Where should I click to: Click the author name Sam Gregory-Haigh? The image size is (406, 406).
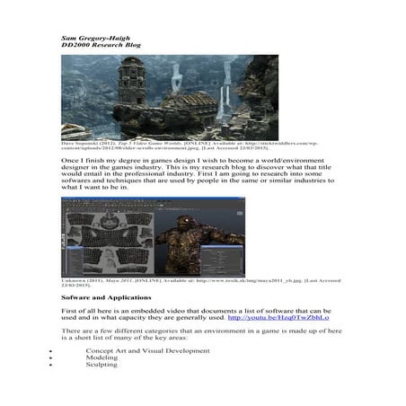tap(96, 39)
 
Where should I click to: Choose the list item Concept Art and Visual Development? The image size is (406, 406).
tap(147, 350)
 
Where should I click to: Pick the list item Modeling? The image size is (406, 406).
tap(101, 357)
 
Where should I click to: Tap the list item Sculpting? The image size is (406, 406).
tap(101, 365)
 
